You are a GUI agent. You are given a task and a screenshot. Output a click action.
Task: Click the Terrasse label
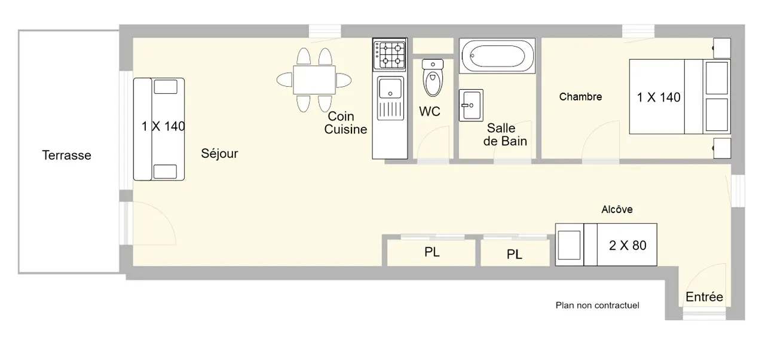[x=66, y=155]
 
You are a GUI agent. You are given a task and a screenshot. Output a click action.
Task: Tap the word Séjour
[x=219, y=153]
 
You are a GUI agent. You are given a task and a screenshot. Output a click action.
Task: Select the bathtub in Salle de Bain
[x=497, y=56]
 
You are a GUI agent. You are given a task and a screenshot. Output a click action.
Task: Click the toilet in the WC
[x=433, y=78]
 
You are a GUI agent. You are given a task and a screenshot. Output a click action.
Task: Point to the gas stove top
[x=390, y=54]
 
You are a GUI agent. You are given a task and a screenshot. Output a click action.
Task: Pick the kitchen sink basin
[x=390, y=88]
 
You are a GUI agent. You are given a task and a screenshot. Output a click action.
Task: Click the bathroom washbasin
[x=471, y=105]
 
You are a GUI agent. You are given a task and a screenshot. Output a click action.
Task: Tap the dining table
[x=314, y=80]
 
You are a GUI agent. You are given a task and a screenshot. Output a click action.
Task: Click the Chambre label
[x=580, y=97]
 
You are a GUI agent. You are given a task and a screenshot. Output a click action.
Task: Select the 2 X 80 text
[x=628, y=245]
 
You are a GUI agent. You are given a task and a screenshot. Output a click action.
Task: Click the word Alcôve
[x=617, y=209]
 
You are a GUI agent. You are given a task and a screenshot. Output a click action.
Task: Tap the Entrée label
[x=704, y=297]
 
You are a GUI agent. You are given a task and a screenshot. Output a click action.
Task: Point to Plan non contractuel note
[x=597, y=306]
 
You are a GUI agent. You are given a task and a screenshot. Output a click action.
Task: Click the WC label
[x=430, y=111]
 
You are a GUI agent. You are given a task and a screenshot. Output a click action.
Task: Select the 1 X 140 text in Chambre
[x=659, y=97]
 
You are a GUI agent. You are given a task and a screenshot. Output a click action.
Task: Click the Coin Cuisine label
[x=345, y=123]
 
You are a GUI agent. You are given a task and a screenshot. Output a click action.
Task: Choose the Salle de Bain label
[x=505, y=135]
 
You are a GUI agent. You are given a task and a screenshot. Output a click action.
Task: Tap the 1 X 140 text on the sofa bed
[x=163, y=126]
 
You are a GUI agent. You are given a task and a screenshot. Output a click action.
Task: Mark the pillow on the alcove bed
[x=570, y=245]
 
